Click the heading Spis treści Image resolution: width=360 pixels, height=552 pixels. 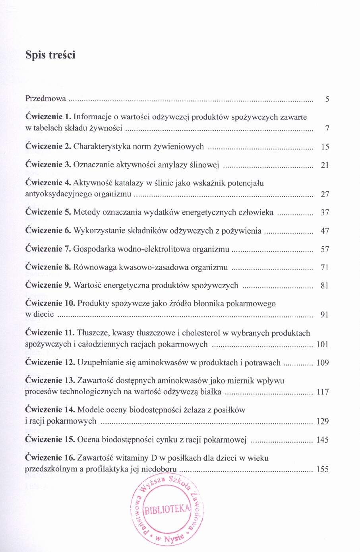pos(50,55)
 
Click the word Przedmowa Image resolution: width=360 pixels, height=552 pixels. pos(45,99)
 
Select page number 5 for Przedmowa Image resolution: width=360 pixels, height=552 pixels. pos(327,99)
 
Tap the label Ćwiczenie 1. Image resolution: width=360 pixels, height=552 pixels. pos(48,117)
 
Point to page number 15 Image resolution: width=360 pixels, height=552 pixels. pos(325,147)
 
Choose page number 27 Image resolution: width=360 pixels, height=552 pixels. pos(325,194)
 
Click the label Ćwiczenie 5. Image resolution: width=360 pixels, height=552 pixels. pos(48,212)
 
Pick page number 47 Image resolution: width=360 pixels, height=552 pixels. pos(325,231)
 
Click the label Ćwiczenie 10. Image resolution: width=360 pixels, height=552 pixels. pos(50,304)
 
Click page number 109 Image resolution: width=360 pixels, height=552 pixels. pos(323,363)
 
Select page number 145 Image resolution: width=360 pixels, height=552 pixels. pos(323,440)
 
